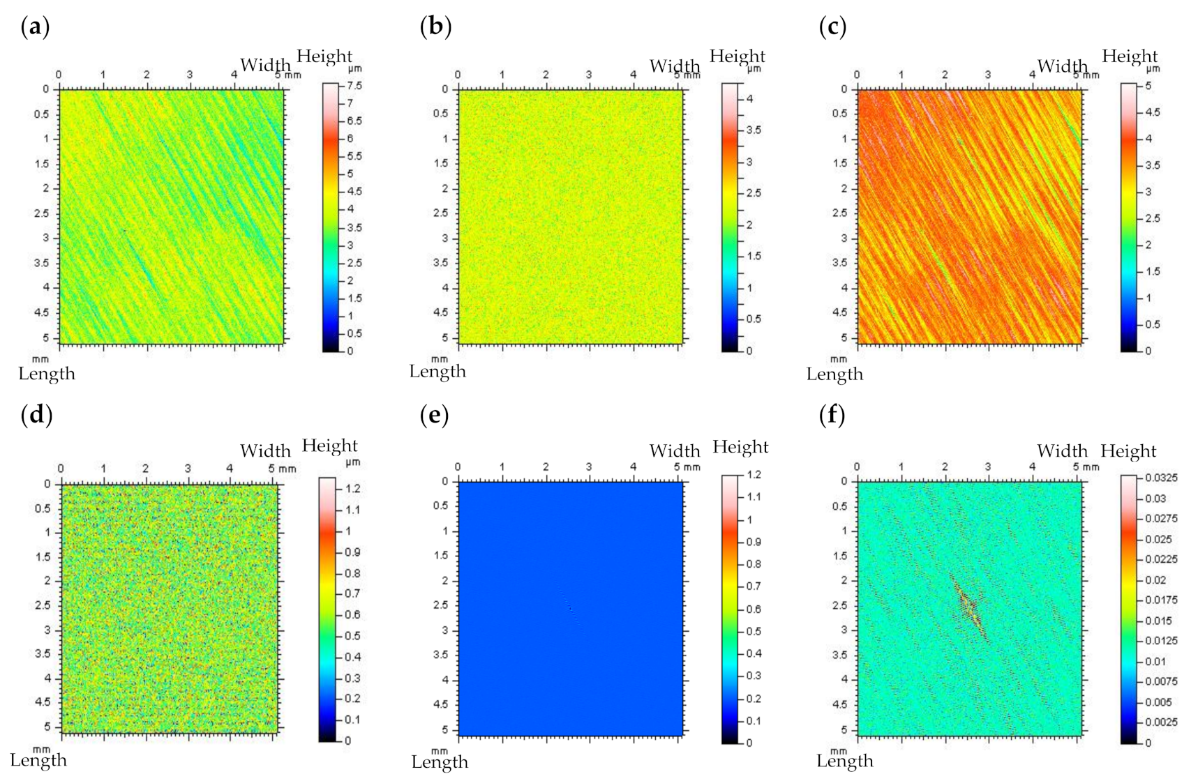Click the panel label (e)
(x=435, y=415)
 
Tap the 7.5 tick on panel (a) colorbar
(x=354, y=86)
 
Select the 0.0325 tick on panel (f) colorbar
(x=1162, y=478)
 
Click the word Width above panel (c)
(x=1062, y=66)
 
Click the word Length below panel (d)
(x=38, y=760)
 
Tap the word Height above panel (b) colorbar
(x=737, y=56)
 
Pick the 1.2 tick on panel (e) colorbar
(x=754, y=475)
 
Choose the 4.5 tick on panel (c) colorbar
(x=1153, y=112)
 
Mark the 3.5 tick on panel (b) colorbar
(x=754, y=130)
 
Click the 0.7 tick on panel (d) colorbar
(x=352, y=593)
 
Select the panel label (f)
(x=832, y=415)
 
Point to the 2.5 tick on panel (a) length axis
(x=43, y=213)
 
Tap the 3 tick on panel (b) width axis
(x=589, y=75)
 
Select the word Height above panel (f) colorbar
(x=1128, y=451)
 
